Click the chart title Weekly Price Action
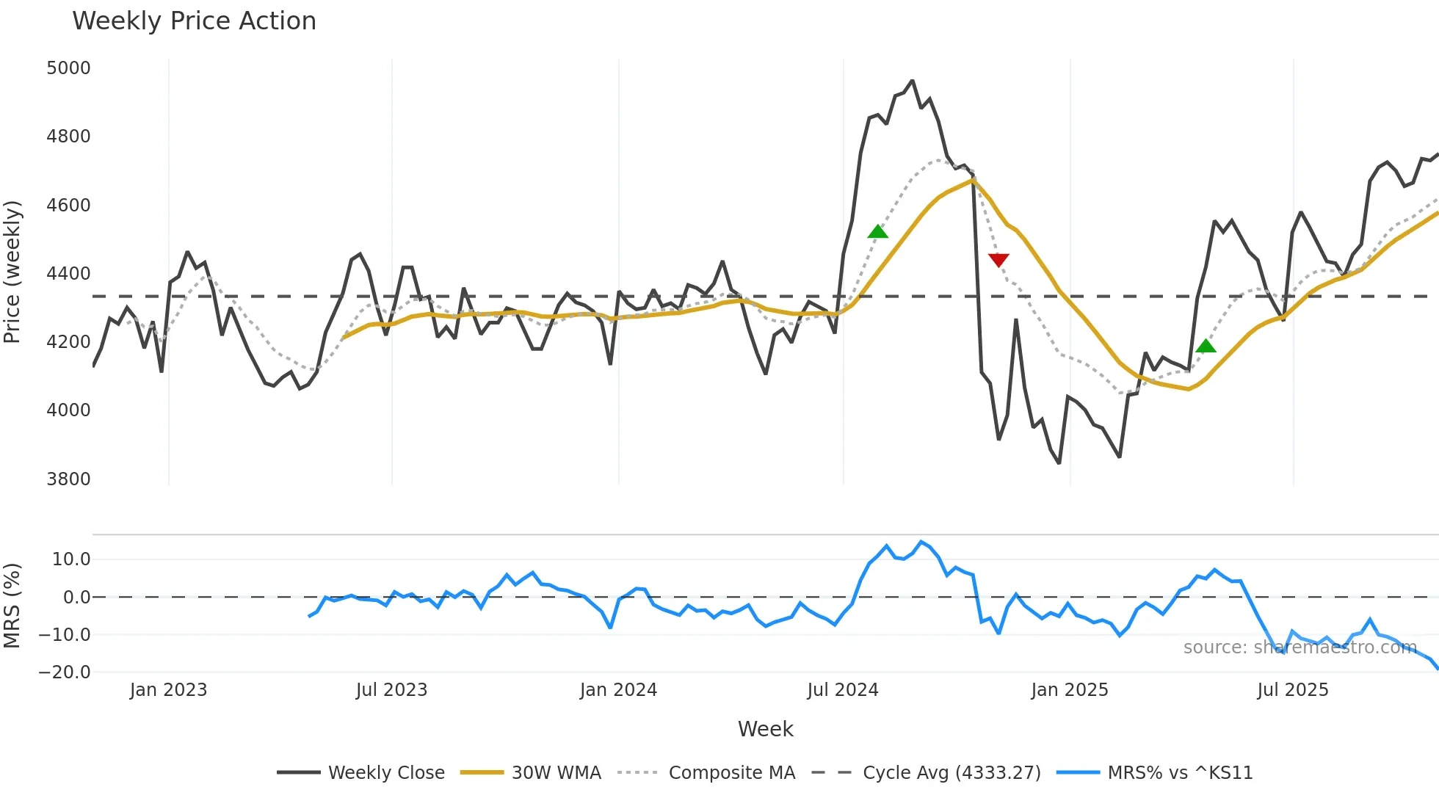[x=194, y=21]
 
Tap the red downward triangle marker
[x=998, y=260]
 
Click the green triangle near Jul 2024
[x=877, y=232]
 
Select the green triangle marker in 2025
[x=1206, y=347]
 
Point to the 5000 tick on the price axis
[x=68, y=68]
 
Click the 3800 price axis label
[x=68, y=479]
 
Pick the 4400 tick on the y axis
[x=68, y=274]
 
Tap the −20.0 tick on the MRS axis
[x=65, y=672]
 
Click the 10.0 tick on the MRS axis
[x=71, y=559]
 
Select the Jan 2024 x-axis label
[x=618, y=690]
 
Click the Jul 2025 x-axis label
[x=1293, y=690]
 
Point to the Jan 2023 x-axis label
[x=168, y=690]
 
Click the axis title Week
[x=765, y=729]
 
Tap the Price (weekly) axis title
[x=12, y=272]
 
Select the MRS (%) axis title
[x=12, y=606]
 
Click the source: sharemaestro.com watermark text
[x=1300, y=647]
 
